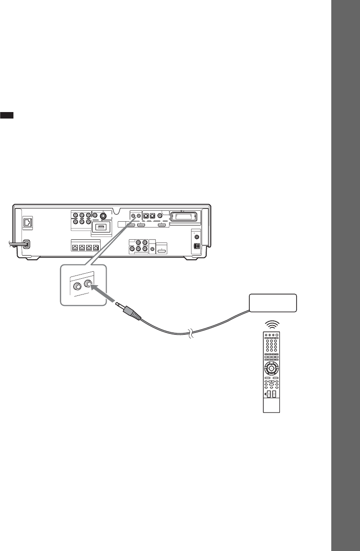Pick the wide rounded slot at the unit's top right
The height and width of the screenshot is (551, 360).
tap(184, 216)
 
